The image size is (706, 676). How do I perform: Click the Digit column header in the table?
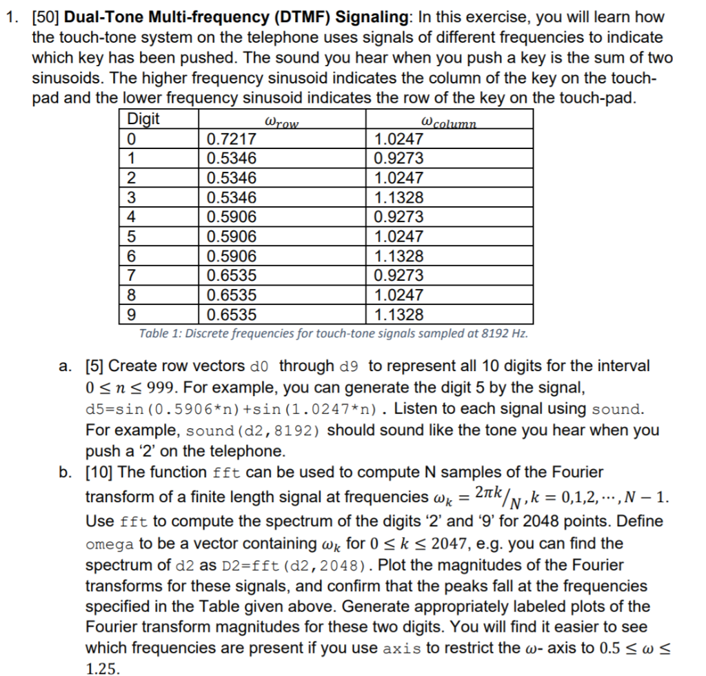pyautogui.click(x=143, y=119)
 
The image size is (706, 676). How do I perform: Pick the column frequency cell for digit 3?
pyautogui.click(x=399, y=197)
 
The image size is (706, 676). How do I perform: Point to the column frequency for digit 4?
pyautogui.click(x=399, y=217)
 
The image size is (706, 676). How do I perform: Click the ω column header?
pyautogui.click(x=448, y=122)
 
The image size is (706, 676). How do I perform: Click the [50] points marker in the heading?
pyautogui.click(x=47, y=17)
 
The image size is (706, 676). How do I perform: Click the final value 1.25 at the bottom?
pyautogui.click(x=101, y=668)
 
